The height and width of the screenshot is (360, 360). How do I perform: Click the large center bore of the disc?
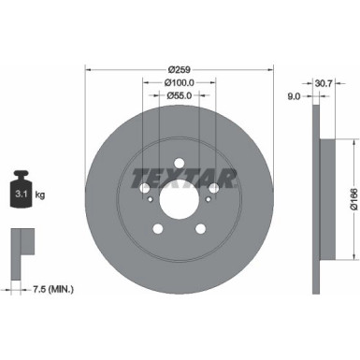coord(180,197)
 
